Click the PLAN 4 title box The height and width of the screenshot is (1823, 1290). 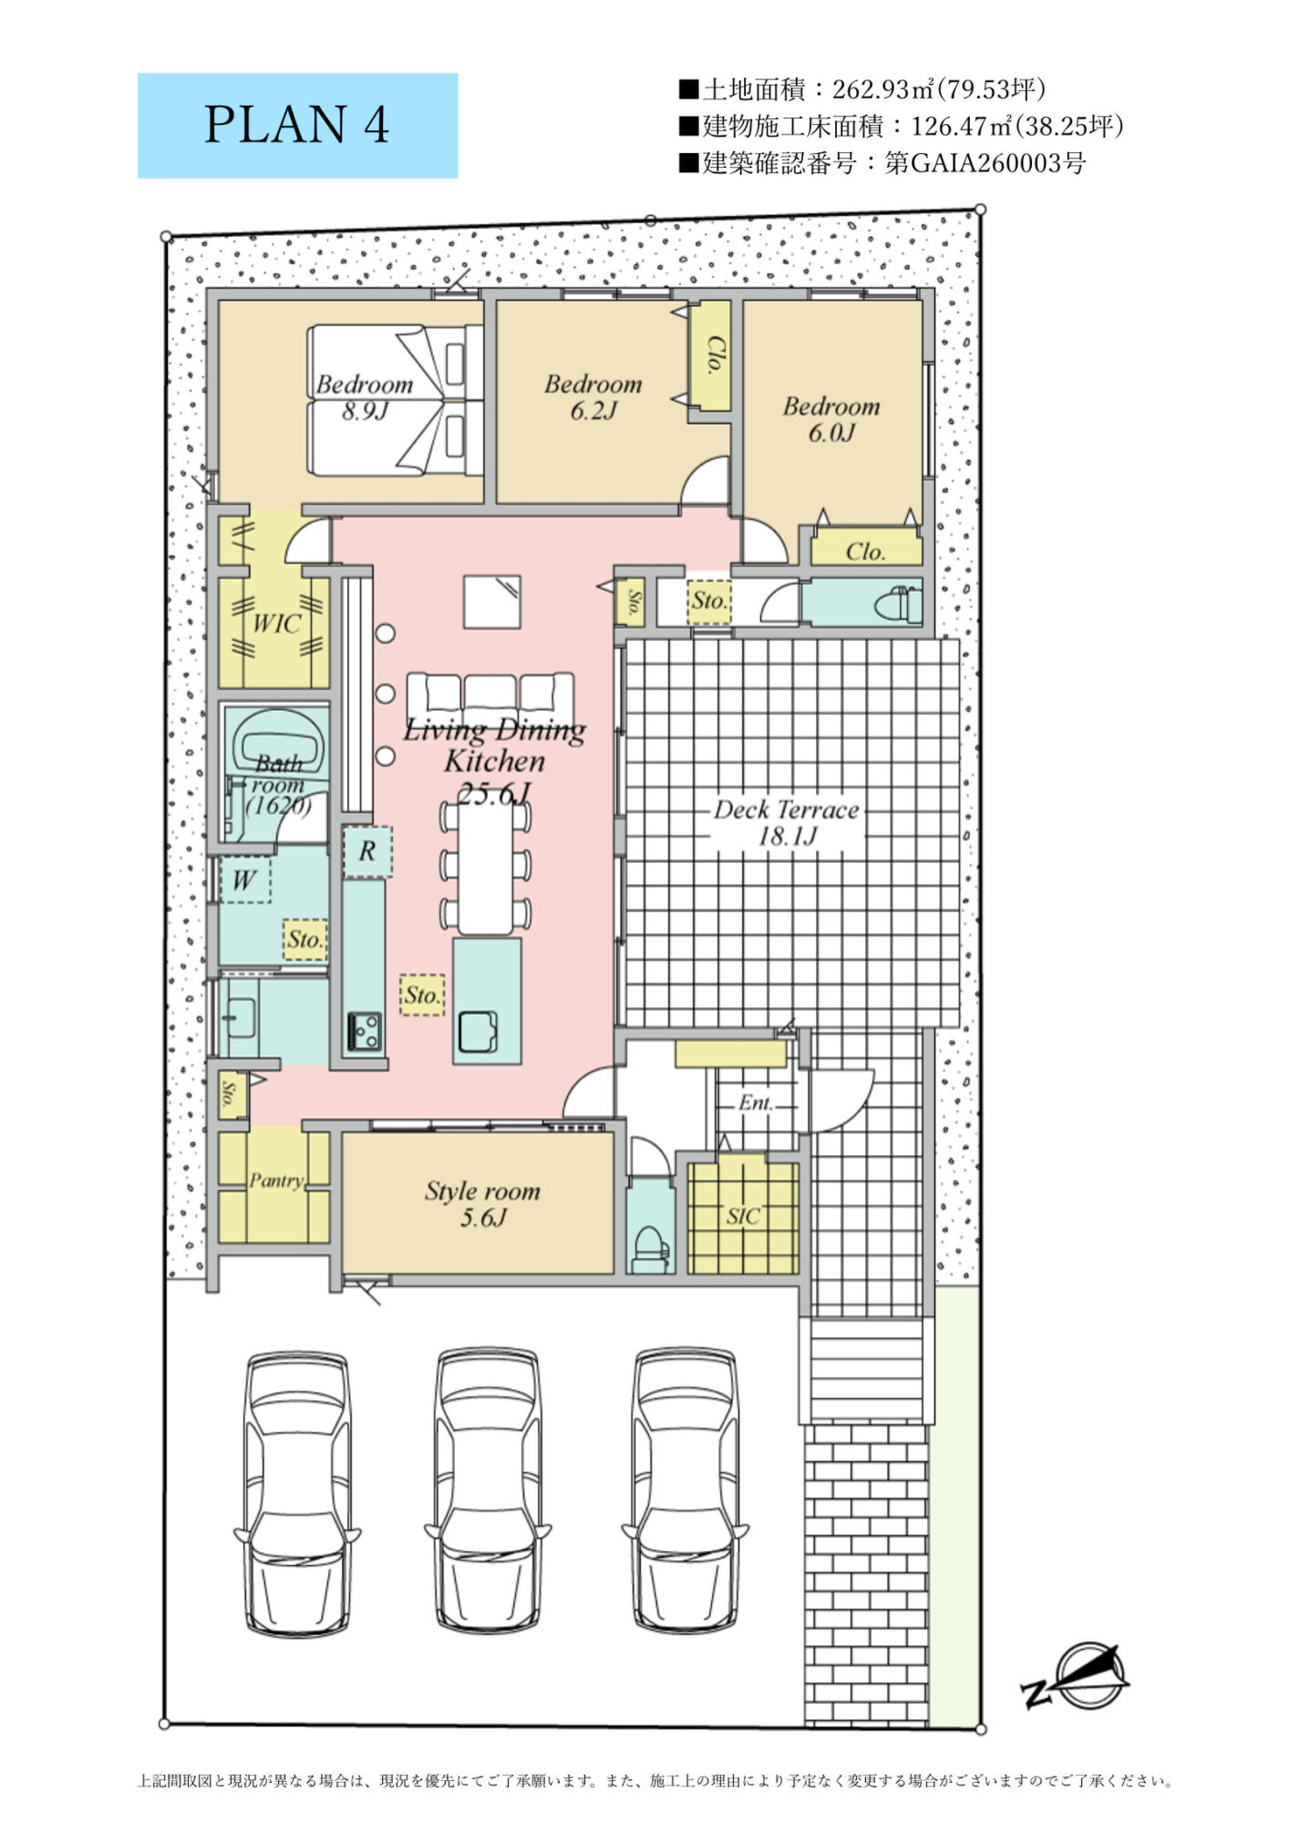tap(297, 126)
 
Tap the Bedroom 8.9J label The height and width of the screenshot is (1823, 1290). tap(365, 397)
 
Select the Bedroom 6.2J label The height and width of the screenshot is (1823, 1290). tap(593, 397)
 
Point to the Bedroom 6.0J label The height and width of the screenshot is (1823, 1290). tap(831, 419)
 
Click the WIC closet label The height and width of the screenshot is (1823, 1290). tap(275, 624)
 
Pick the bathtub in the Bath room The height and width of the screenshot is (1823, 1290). tap(281, 741)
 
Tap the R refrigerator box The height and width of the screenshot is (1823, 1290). tap(367, 851)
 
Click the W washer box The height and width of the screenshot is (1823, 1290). tap(244, 880)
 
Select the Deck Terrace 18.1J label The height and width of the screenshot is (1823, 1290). tap(786, 823)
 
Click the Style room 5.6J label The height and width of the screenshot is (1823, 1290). tap(482, 1204)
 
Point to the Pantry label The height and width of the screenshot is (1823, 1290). tap(276, 1180)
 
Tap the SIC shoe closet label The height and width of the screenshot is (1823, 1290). tap(743, 1216)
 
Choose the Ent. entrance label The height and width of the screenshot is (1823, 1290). tap(756, 1103)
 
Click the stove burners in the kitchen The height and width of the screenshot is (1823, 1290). tap(364, 1032)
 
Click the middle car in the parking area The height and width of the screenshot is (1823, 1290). tap(486, 1492)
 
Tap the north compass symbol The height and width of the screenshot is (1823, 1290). tap(1076, 1677)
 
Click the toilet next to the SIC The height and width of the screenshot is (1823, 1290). tap(651, 1249)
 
